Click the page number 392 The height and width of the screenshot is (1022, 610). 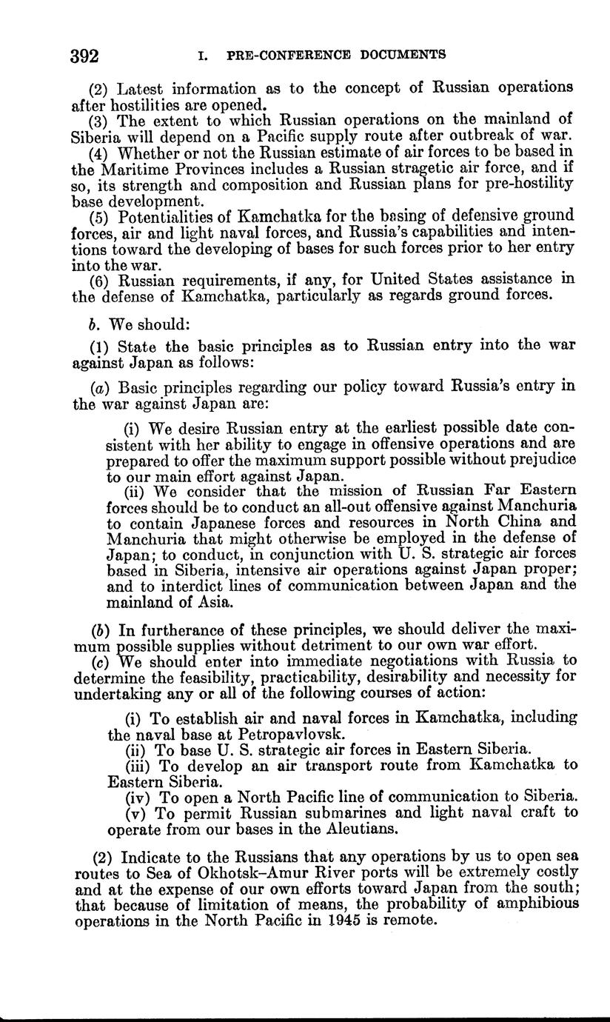point(85,56)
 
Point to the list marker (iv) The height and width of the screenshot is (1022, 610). point(140,797)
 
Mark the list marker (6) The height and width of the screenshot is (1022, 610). point(101,280)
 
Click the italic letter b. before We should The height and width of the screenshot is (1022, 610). point(93,324)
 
